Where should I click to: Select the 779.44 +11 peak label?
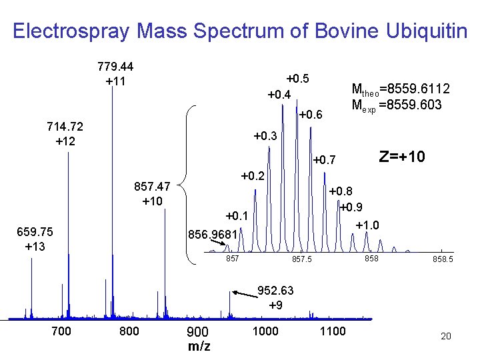(x=115, y=74)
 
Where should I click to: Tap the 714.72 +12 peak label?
(x=65, y=133)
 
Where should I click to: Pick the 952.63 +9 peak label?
(x=275, y=297)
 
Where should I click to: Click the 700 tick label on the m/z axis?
(x=61, y=331)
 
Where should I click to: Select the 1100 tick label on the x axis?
(x=333, y=331)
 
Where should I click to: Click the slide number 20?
(x=445, y=336)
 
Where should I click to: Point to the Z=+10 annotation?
(x=403, y=157)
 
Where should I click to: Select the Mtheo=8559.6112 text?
(x=400, y=89)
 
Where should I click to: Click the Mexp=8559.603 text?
(x=396, y=105)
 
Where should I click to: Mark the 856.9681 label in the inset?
(x=213, y=234)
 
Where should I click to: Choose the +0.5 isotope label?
(x=297, y=78)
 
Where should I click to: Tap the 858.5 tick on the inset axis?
(x=443, y=259)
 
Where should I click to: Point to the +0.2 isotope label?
(x=253, y=176)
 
